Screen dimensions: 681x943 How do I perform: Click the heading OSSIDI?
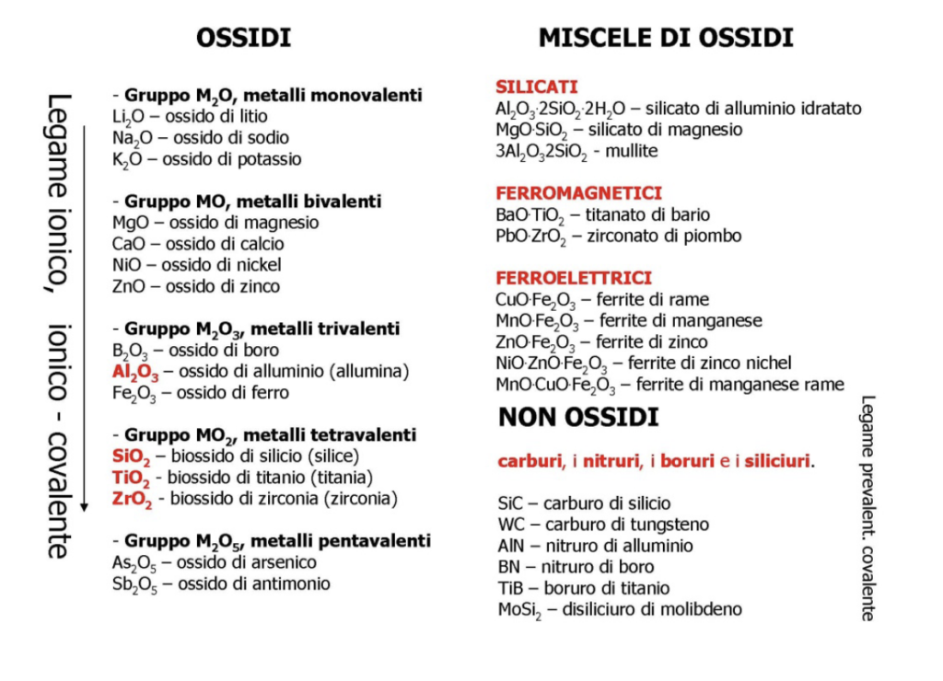[244, 38]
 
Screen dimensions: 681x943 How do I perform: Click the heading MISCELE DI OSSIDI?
[666, 38]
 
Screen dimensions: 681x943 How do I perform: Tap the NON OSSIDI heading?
[578, 418]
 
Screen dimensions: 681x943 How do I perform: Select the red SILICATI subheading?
[537, 87]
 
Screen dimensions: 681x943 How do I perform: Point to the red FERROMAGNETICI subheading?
[578, 193]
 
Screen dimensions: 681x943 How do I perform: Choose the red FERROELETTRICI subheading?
[574, 278]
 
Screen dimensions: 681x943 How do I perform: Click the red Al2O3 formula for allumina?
[135, 373]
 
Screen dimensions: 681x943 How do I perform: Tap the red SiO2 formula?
[130, 456]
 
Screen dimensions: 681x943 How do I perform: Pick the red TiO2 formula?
[130, 478]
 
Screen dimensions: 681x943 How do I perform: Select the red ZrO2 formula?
[131, 499]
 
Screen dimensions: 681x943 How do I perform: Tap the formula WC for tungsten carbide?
[509, 525]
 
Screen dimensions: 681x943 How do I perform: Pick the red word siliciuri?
[777, 460]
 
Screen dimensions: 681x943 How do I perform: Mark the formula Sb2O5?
[134, 584]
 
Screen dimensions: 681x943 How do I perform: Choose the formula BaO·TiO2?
[528, 215]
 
